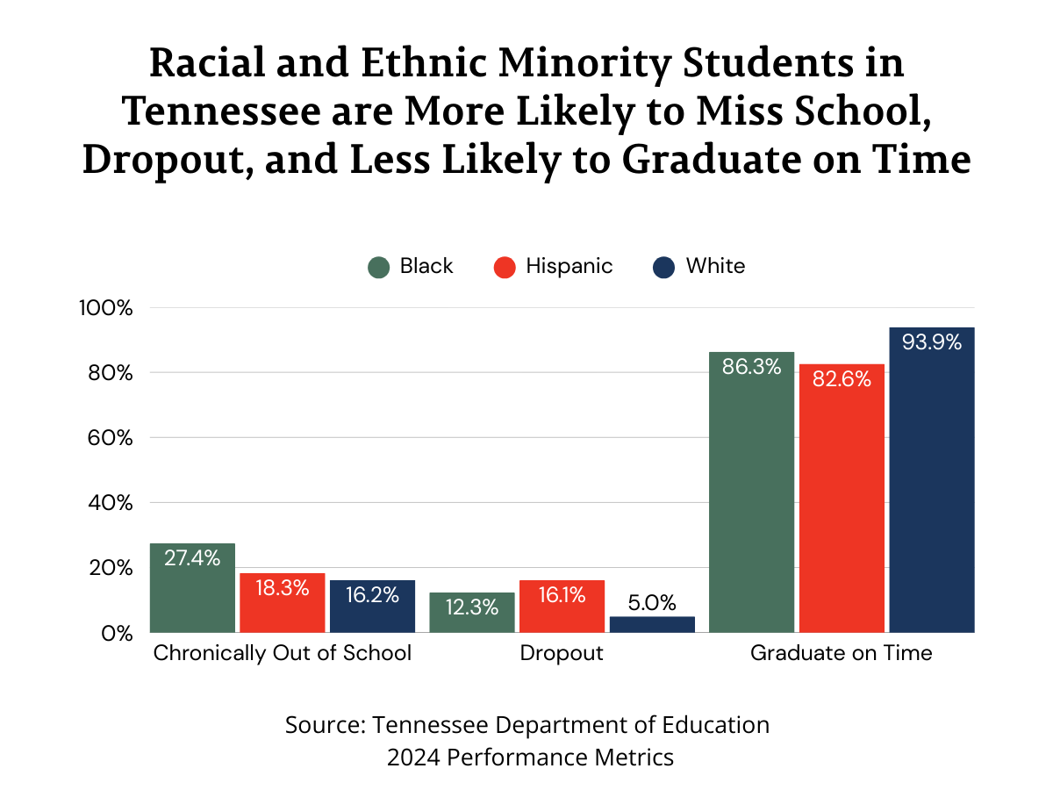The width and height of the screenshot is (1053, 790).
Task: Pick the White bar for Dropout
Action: click(x=652, y=624)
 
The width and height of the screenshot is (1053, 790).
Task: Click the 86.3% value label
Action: click(x=751, y=367)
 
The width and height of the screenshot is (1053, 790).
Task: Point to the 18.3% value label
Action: click(x=283, y=588)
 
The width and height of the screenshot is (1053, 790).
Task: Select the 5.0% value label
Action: click(x=652, y=603)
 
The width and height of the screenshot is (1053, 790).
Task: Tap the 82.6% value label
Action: click(x=842, y=379)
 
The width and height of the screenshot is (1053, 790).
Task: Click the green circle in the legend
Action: click(x=378, y=267)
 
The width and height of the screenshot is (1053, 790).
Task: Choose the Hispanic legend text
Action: click(x=569, y=266)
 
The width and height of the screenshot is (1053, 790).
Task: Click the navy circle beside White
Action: click(x=664, y=267)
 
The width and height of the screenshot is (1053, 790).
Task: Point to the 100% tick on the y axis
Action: click(x=104, y=308)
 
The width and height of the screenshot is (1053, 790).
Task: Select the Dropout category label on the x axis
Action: click(x=562, y=654)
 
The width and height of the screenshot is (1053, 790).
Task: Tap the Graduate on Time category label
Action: click(x=841, y=654)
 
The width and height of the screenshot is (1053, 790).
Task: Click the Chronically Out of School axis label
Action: click(x=283, y=654)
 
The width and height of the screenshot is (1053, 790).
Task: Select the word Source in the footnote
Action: click(x=322, y=725)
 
